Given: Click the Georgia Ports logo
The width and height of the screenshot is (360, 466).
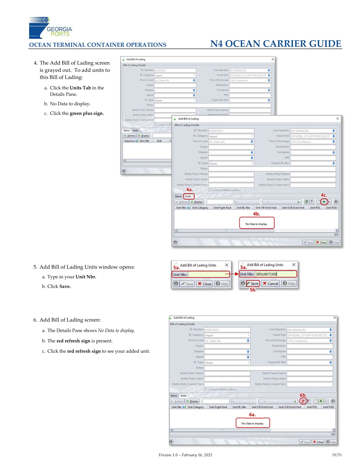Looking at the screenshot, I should pyautogui.click(x=50, y=28).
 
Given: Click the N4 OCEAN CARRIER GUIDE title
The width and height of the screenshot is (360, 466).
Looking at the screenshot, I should pyautogui.click(x=276, y=44).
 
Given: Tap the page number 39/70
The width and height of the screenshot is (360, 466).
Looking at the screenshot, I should pyautogui.click(x=336, y=455).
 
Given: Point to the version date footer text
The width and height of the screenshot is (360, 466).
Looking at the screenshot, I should pyautogui.click(x=185, y=455).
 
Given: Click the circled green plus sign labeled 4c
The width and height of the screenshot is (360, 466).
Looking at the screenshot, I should pyautogui.click(x=324, y=202).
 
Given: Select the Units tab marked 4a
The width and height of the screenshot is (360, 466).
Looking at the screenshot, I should pyautogui.click(x=188, y=196).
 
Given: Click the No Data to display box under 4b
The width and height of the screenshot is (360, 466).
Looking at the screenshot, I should pyautogui.click(x=256, y=224).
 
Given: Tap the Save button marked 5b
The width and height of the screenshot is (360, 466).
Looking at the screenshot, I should pyautogui.click(x=253, y=284).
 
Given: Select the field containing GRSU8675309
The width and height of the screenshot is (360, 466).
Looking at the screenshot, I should pyautogui.click(x=275, y=274).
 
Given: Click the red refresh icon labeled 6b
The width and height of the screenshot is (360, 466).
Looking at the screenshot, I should pyautogui.click(x=303, y=401).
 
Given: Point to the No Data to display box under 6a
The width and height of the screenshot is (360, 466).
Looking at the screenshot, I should pyautogui.click(x=252, y=423).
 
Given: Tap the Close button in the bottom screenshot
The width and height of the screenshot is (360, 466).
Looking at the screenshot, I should pyautogui.click(x=318, y=442).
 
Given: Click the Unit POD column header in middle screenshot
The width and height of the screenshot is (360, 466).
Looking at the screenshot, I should pyautogui.click(x=331, y=208).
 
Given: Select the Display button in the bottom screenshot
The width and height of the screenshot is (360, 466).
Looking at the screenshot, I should pyautogui.click(x=192, y=401).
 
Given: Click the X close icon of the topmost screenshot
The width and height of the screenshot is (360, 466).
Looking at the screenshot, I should pyautogui.click(x=273, y=59).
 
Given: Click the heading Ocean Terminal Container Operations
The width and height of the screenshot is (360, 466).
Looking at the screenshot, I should pyautogui.click(x=98, y=45).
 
